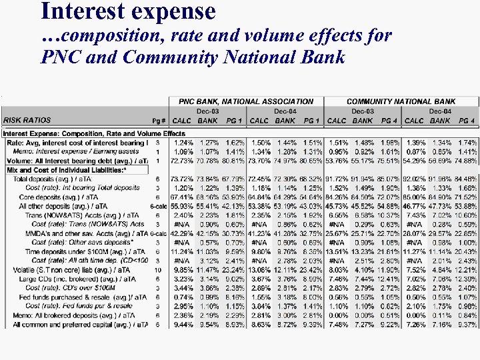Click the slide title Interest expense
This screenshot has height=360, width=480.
(128, 11)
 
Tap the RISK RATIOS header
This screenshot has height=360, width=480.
(27, 121)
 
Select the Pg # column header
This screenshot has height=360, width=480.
(158, 121)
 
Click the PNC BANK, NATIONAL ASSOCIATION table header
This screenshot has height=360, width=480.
(246, 101)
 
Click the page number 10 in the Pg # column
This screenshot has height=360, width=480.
(157, 269)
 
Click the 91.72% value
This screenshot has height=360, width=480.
(337, 179)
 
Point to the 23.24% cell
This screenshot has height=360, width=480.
(233, 269)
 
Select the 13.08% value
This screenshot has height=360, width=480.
(259, 269)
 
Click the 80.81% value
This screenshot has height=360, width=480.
(233, 161)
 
